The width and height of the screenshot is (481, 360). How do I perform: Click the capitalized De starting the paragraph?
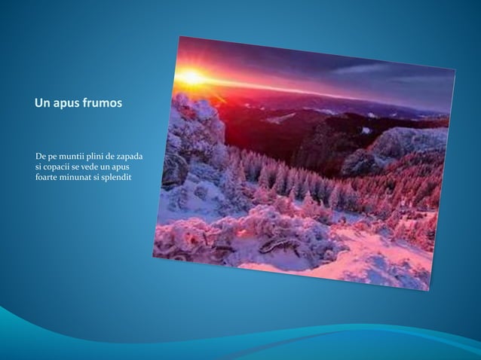(41, 156)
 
